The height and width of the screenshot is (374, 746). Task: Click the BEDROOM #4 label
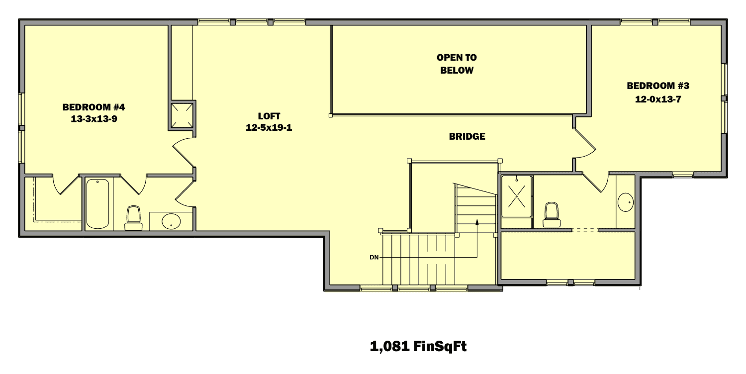[x=90, y=107]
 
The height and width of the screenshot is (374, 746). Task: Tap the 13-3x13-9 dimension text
[x=90, y=119]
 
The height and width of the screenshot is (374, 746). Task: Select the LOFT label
[x=269, y=116]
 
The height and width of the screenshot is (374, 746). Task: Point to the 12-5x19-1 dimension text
[x=269, y=128]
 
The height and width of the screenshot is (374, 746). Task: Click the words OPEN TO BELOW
[x=457, y=64]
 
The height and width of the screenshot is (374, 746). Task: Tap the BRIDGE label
[x=467, y=136]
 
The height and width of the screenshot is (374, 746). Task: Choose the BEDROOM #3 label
[x=657, y=86]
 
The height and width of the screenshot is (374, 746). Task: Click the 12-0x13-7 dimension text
[x=657, y=99]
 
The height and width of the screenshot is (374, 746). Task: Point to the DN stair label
[x=375, y=257]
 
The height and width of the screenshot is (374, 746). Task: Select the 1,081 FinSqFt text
[x=418, y=346]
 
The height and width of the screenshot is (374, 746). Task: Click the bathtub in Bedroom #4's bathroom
[x=98, y=204]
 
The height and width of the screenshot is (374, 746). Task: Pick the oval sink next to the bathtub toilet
[x=172, y=222]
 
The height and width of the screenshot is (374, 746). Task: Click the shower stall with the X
[x=517, y=196]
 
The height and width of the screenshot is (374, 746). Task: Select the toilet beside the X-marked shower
[x=551, y=215]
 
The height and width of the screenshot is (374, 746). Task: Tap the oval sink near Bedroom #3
[x=626, y=202]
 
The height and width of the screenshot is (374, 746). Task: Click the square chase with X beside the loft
[x=182, y=115]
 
